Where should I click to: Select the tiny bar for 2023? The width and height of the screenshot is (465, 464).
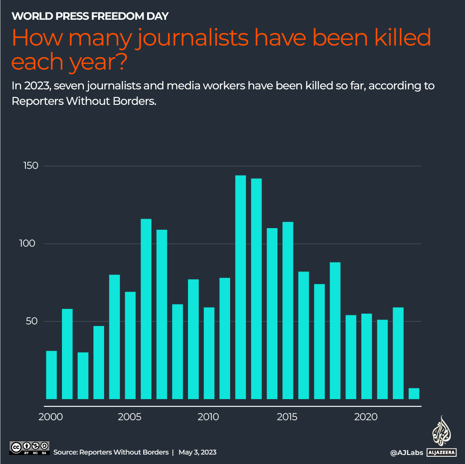point(413,394)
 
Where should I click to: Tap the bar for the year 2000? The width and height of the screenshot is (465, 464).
point(52,375)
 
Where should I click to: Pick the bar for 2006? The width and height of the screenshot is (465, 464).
point(146,309)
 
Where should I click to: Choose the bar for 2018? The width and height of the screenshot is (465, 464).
point(335,330)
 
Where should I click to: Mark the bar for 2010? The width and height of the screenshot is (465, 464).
point(209,353)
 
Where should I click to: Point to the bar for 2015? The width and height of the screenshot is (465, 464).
point(288,310)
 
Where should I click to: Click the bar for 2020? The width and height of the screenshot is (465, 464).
point(366,356)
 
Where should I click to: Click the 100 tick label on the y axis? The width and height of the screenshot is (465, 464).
point(30,244)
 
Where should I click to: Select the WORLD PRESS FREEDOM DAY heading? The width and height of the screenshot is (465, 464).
point(90,16)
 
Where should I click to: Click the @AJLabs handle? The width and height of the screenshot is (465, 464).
point(406,452)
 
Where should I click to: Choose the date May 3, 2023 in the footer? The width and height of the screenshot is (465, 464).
point(197,452)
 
